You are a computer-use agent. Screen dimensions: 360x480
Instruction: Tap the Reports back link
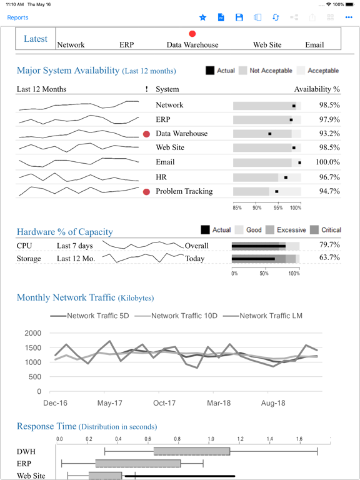click(17, 17)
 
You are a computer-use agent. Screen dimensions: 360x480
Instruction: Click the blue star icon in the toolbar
click(202, 17)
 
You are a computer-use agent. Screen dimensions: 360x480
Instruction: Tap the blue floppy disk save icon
click(239, 17)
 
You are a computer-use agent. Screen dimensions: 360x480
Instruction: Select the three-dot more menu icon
click(349, 17)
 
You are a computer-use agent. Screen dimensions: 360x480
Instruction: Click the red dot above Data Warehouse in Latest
click(192, 34)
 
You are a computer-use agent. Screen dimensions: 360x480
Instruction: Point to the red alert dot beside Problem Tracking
click(147, 192)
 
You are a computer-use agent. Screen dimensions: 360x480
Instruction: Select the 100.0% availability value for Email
click(327, 162)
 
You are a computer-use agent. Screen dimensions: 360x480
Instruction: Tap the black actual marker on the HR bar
click(286, 177)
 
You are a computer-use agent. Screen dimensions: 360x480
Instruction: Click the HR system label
click(161, 177)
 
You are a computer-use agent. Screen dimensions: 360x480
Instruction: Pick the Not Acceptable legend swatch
click(242, 71)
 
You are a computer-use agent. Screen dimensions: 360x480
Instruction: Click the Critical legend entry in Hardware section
click(326, 230)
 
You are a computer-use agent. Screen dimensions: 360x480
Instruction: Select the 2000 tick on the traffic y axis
click(32, 333)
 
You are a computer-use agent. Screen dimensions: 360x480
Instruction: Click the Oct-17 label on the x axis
click(164, 403)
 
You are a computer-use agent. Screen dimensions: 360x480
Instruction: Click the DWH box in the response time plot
click(192, 451)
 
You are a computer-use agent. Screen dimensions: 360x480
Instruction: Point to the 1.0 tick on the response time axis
click(211, 439)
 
